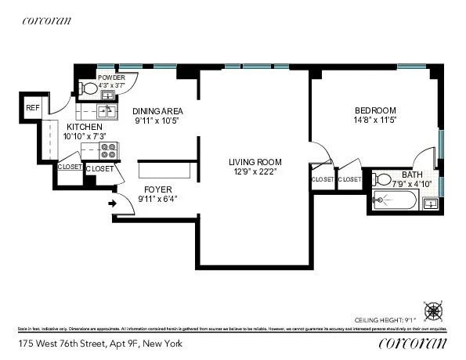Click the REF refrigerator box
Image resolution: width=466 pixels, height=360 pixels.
coord(33,108)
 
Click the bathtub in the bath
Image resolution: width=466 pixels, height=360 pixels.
coord(395,201)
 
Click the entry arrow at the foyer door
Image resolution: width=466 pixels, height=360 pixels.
coord(111,205)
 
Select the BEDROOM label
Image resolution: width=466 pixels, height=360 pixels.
coord(376,110)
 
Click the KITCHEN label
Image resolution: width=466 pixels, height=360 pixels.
coord(84,127)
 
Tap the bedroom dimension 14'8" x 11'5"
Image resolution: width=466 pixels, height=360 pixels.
coord(376,121)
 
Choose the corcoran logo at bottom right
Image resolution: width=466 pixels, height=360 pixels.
coord(413,343)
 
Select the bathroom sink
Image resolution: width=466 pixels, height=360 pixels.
coord(430,204)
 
